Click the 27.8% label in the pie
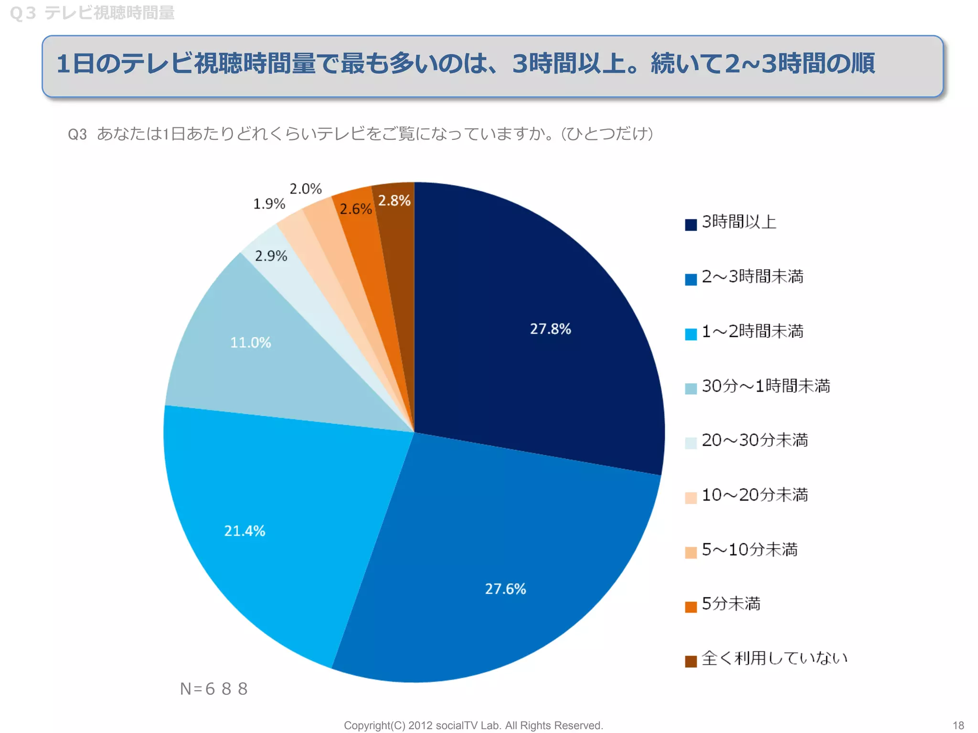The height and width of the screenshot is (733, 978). (x=550, y=329)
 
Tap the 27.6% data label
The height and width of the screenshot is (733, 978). (x=505, y=589)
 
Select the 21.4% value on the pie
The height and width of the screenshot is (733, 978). (x=244, y=531)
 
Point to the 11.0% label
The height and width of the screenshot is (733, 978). (x=250, y=343)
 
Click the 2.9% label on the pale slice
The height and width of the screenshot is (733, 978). (x=271, y=256)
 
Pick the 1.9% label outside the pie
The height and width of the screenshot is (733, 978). (x=269, y=204)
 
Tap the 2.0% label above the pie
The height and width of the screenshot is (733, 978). (x=306, y=189)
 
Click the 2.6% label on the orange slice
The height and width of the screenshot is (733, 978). (x=355, y=209)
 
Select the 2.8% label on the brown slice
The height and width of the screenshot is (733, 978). (x=394, y=201)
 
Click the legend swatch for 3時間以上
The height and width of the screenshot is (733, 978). (x=691, y=225)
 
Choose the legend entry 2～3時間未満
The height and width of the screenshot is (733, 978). (x=752, y=277)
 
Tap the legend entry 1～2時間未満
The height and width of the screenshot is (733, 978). (x=752, y=331)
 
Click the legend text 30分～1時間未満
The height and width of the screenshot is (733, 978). (x=765, y=386)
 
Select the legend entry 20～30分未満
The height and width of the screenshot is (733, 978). (x=755, y=440)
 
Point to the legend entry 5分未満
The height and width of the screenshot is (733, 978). (x=731, y=604)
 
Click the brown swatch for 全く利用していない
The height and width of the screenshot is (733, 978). (x=691, y=661)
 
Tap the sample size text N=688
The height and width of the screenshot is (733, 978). (x=214, y=689)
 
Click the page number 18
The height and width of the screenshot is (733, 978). (x=958, y=725)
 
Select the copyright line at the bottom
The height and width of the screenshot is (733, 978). (x=473, y=725)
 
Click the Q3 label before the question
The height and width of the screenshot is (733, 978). (x=77, y=135)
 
